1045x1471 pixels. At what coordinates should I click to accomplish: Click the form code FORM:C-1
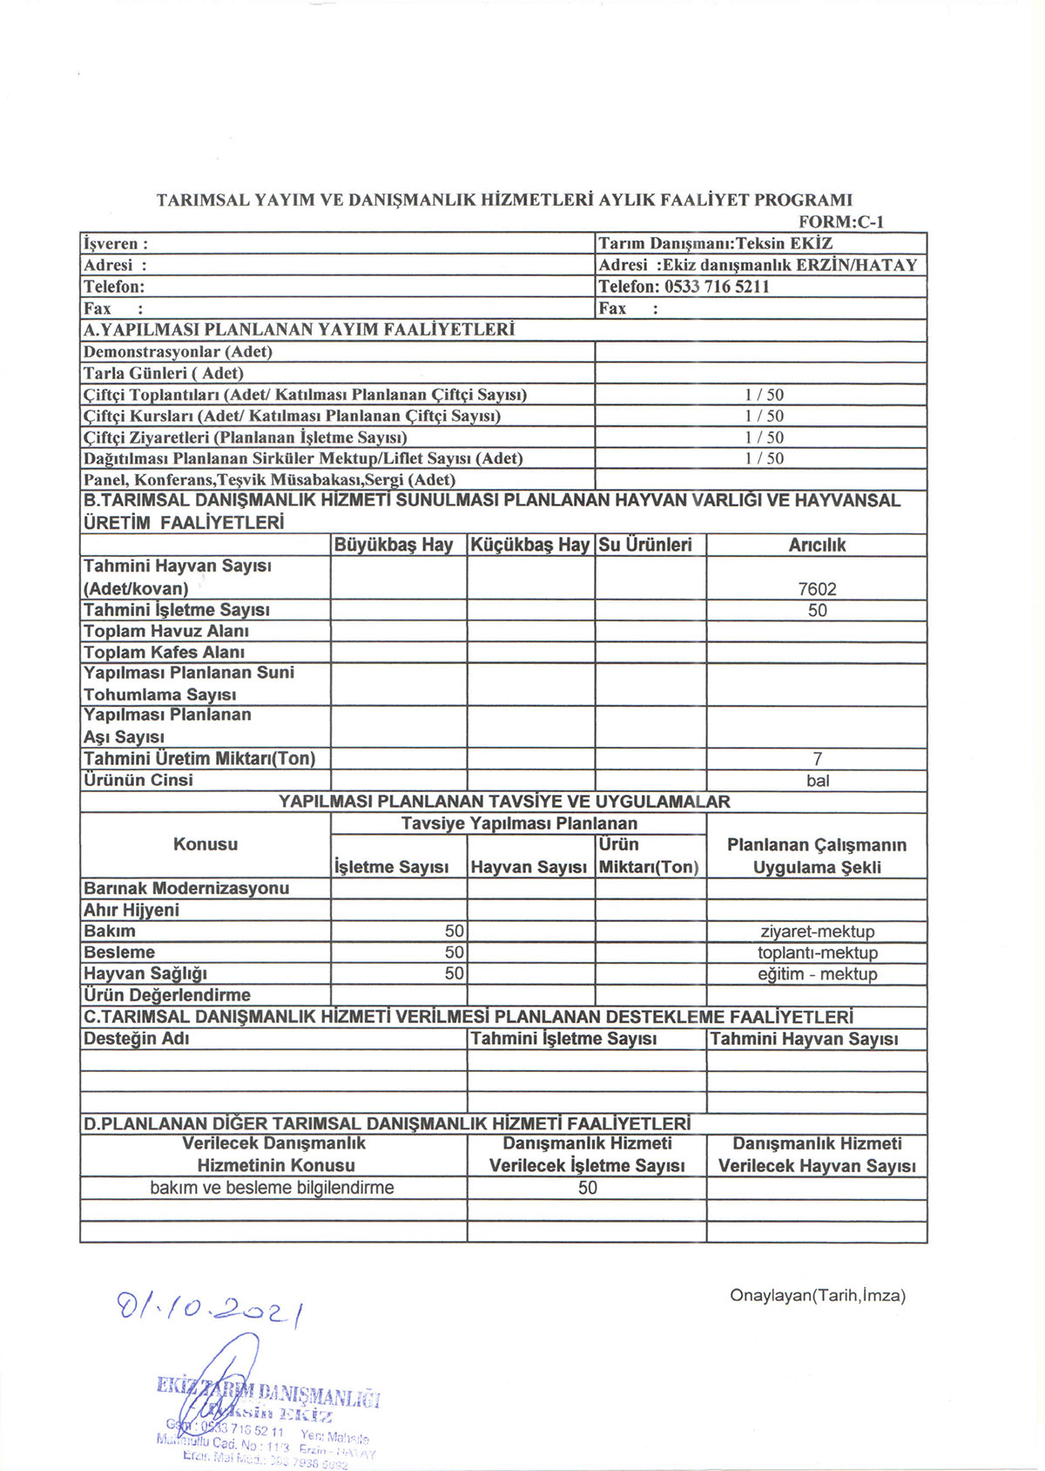(x=840, y=221)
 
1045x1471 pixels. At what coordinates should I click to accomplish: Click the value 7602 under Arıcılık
(x=817, y=589)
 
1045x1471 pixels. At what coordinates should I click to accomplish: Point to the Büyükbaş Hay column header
(x=394, y=546)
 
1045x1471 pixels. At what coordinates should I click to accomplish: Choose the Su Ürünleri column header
(x=645, y=546)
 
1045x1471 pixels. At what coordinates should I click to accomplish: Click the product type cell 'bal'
(x=818, y=781)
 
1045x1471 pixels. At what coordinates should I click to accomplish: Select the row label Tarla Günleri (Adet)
(x=164, y=373)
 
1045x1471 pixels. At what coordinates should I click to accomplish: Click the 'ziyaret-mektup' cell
(x=817, y=932)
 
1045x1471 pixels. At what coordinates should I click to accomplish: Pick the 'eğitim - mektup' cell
(x=817, y=974)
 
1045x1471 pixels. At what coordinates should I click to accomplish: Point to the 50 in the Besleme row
(x=454, y=952)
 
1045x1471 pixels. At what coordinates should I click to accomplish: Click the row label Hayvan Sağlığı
(x=145, y=973)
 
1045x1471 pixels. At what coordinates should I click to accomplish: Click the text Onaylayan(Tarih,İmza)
(x=818, y=1296)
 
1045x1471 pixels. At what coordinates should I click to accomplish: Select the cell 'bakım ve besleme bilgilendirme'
(x=272, y=1188)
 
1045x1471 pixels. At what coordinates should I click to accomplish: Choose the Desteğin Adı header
(x=137, y=1039)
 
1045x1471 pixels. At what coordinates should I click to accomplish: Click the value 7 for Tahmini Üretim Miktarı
(x=817, y=759)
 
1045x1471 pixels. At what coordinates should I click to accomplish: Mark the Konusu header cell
(x=206, y=844)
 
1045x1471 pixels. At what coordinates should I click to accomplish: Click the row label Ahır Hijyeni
(x=131, y=910)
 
